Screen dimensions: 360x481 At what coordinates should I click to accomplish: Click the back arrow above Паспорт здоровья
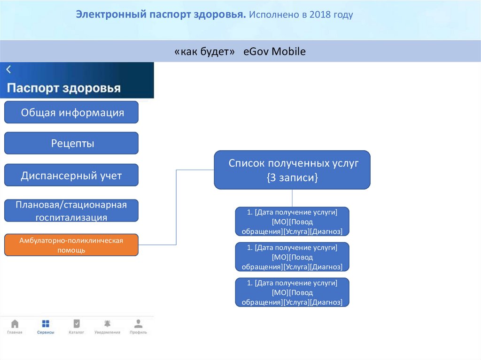(x=8, y=69)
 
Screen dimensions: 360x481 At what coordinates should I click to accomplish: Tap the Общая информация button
(x=71, y=113)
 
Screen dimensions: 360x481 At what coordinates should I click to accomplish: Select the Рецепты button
(x=71, y=143)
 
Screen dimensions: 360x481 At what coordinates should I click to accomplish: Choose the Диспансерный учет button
(x=71, y=176)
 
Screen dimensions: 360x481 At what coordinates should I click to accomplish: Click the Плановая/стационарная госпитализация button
(x=71, y=211)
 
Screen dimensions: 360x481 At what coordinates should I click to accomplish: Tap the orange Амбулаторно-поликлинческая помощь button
(x=71, y=245)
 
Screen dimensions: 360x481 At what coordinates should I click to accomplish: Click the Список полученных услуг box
(x=292, y=169)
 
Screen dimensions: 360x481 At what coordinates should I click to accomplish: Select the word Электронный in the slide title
(x=111, y=15)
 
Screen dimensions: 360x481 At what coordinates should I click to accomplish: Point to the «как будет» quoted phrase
(x=204, y=52)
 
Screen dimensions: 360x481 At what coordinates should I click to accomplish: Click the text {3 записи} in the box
(x=292, y=178)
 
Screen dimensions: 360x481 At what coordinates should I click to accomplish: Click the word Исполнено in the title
(x=274, y=15)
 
